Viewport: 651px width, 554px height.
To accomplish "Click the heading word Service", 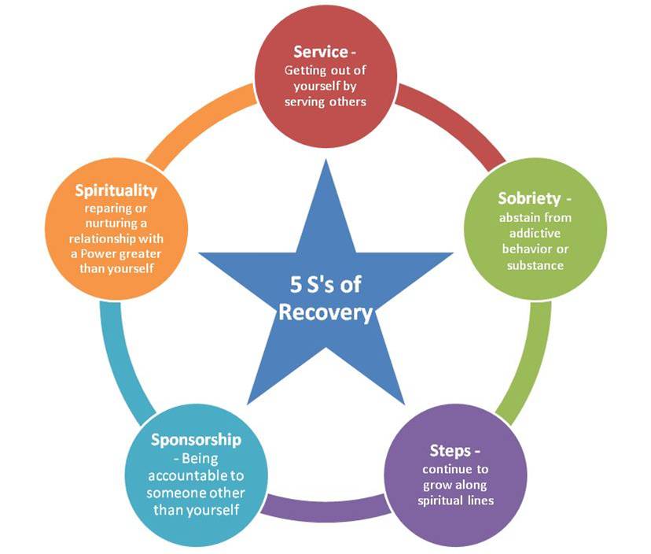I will point(319,52).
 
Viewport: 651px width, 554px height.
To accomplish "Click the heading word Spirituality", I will point(116,190).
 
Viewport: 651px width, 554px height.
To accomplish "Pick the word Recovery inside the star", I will point(325,312).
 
